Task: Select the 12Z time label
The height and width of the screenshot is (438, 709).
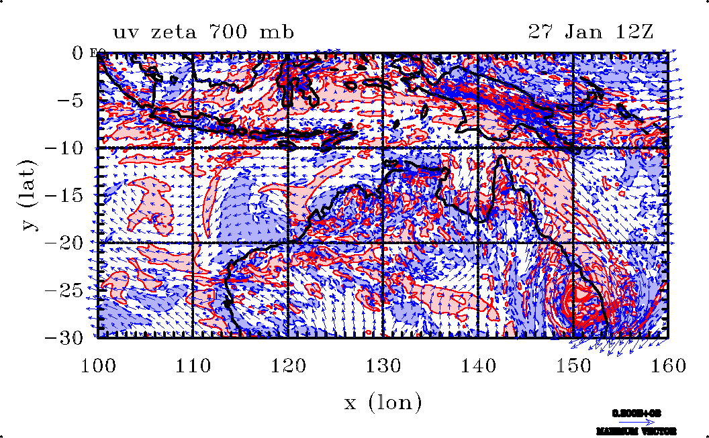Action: click(630, 32)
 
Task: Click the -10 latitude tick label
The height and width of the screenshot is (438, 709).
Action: click(64, 148)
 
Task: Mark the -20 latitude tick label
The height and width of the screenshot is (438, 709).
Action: click(64, 243)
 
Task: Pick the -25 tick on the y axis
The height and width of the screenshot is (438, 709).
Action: click(64, 290)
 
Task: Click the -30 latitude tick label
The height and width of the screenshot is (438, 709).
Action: click(64, 337)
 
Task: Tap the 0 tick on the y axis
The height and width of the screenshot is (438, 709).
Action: click(76, 54)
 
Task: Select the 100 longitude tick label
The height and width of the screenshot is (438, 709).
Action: click(98, 366)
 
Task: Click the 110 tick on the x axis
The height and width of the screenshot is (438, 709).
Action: click(193, 366)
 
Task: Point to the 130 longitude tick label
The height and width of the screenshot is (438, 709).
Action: click(383, 366)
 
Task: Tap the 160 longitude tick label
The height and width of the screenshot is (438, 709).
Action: click(668, 366)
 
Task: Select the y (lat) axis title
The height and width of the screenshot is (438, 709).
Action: click(29, 195)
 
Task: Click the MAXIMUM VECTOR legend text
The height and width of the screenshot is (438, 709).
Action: click(636, 431)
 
